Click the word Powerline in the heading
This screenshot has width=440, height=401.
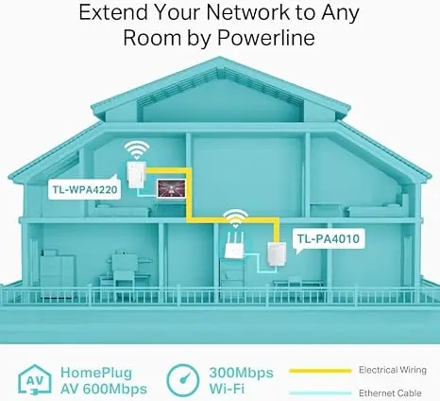coord(266,38)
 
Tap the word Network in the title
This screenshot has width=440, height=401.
coord(248,12)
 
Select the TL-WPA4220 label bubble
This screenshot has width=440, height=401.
coord(84,189)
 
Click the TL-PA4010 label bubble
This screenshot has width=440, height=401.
coord(329,238)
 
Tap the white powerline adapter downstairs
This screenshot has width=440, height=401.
coord(277,254)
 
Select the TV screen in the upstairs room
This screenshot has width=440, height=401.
coord(172,188)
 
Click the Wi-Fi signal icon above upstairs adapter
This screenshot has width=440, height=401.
coord(137,149)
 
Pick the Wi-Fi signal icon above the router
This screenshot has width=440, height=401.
coord(235,218)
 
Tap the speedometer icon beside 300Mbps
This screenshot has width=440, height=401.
coord(183,380)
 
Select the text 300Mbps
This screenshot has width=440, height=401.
coord(241,373)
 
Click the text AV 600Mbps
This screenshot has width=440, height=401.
coord(104,389)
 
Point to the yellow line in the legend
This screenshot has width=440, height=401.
coord(320,371)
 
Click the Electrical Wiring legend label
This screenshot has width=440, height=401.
coord(393,370)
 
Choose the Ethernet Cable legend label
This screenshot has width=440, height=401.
coord(390,393)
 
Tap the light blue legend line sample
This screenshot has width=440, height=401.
coord(320,393)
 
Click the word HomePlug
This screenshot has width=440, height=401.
coord(96,373)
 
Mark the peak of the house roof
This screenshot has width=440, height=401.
coord(219,57)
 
